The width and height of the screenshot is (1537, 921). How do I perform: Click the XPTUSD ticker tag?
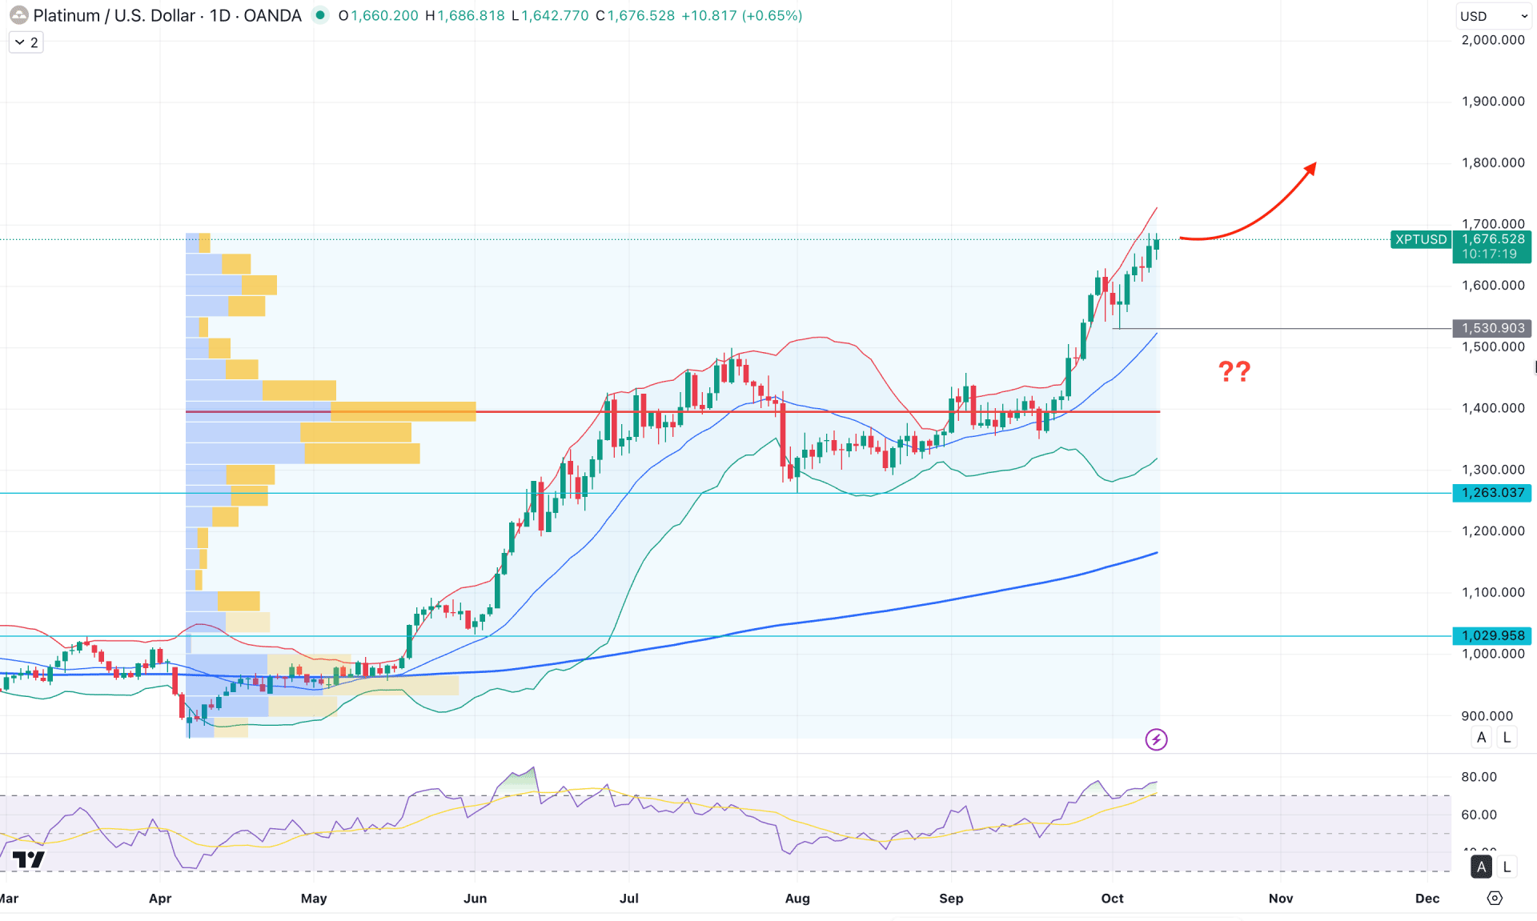(x=1421, y=239)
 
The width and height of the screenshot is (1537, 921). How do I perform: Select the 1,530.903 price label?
(x=1492, y=328)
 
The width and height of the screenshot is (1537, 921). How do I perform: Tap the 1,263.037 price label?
(x=1492, y=493)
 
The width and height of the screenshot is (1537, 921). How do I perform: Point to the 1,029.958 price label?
(x=1492, y=635)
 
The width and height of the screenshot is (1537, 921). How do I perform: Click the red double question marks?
(x=1234, y=371)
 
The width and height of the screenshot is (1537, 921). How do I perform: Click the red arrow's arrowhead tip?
(x=1314, y=166)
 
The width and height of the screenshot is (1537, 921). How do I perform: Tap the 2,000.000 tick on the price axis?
(x=1492, y=40)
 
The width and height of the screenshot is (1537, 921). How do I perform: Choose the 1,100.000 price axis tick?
(x=1492, y=592)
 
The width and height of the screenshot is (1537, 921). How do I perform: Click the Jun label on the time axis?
(x=475, y=898)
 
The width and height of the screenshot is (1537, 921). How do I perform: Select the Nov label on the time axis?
(x=1280, y=898)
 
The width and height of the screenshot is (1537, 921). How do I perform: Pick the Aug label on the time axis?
(x=797, y=898)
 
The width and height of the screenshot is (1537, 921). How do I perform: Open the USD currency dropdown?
(x=1493, y=16)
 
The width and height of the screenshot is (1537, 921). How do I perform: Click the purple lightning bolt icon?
(x=1156, y=739)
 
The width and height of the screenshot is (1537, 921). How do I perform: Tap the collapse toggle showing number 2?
(x=26, y=42)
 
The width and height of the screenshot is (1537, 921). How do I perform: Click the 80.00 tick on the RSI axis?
(x=1478, y=777)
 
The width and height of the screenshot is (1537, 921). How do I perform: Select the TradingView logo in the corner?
(x=29, y=860)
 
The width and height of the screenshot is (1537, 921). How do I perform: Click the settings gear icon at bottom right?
(x=1494, y=898)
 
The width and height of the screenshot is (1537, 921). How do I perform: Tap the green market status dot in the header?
(x=320, y=15)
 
